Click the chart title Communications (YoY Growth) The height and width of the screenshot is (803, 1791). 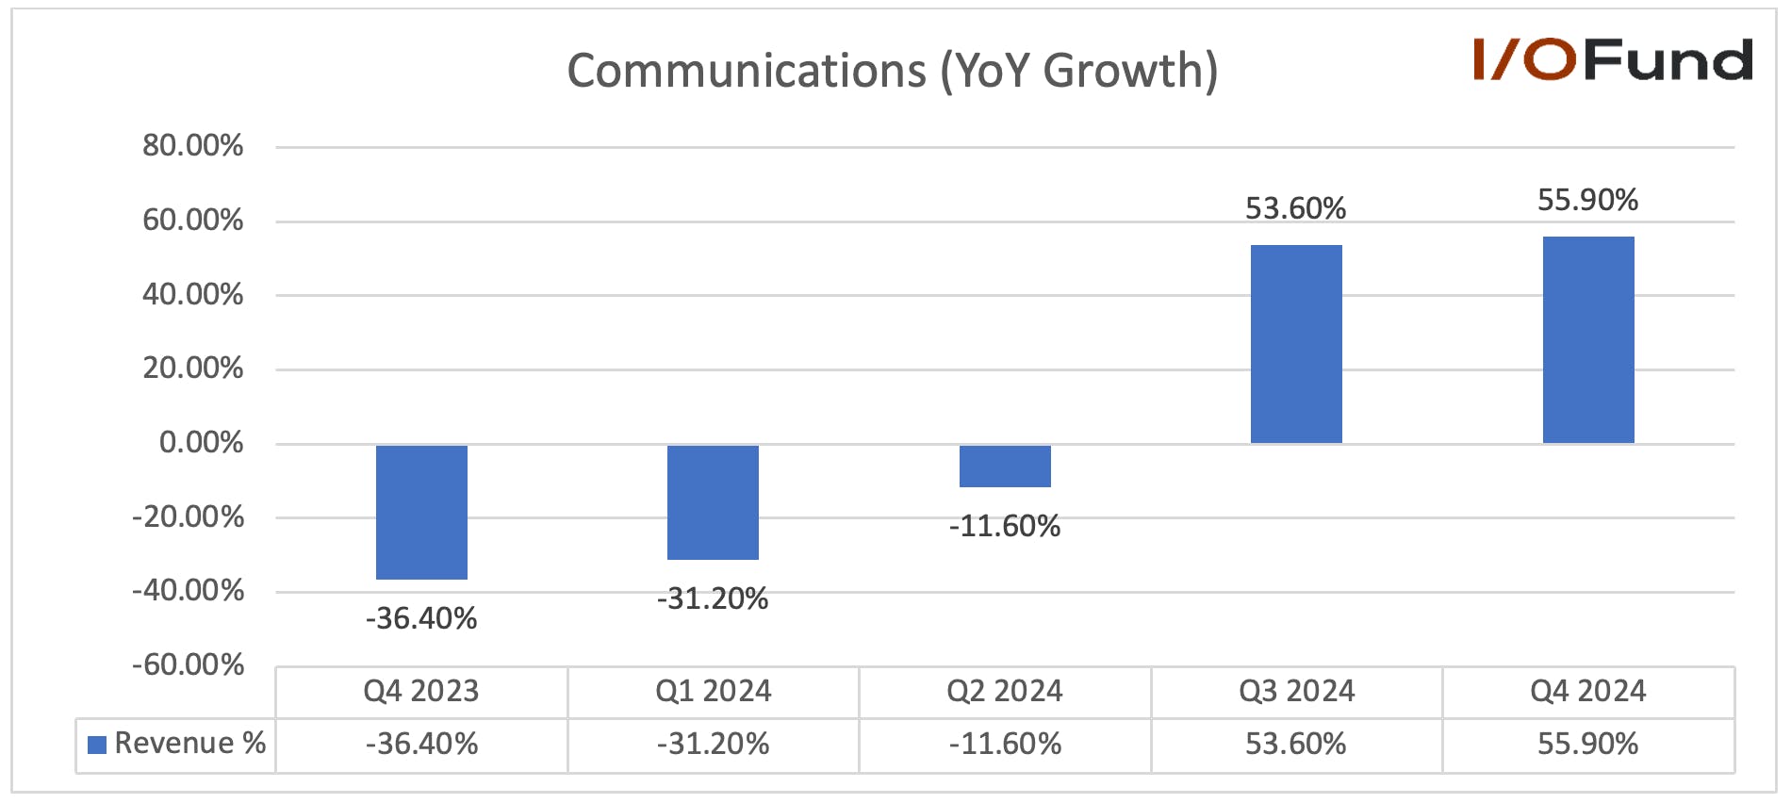892,71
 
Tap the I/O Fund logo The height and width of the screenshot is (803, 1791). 1613,59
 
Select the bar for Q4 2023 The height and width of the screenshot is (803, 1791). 421,512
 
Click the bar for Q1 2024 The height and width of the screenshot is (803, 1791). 713,502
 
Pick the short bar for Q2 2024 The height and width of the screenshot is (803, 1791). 1005,466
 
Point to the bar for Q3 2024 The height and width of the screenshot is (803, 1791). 1296,344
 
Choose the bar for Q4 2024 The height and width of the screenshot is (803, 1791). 1588,339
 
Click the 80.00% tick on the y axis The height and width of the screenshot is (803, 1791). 192,146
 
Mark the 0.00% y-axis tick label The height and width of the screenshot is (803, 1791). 201,443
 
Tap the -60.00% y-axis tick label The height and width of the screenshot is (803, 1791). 188,665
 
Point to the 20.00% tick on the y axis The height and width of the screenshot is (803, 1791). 192,369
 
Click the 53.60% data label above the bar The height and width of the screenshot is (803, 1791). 1296,208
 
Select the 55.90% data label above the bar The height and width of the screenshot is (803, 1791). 1588,200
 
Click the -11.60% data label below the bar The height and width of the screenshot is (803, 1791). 1005,526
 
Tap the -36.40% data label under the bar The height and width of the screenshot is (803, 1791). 421,618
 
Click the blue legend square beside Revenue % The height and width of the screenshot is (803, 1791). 96,745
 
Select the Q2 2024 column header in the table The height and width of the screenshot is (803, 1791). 1005,692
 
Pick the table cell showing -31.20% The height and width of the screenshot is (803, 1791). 713,745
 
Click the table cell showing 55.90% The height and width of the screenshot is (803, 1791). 1588,745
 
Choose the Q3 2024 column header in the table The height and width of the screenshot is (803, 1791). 1296,692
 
